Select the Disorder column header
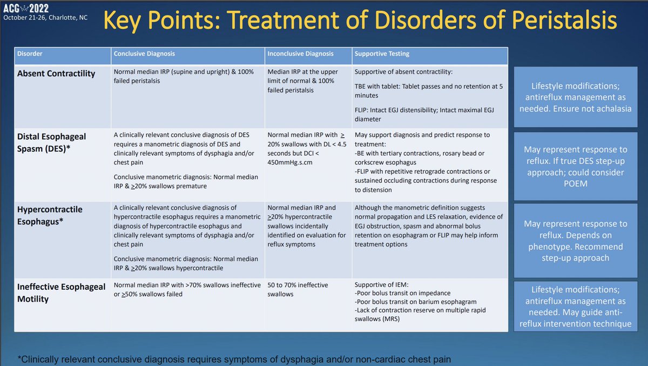(30, 54)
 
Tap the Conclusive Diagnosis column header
(144, 54)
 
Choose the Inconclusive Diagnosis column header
(300, 54)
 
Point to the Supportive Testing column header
(382, 54)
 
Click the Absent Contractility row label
(56, 74)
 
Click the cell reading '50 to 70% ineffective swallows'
(298, 289)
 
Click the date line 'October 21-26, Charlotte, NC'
(45, 18)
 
